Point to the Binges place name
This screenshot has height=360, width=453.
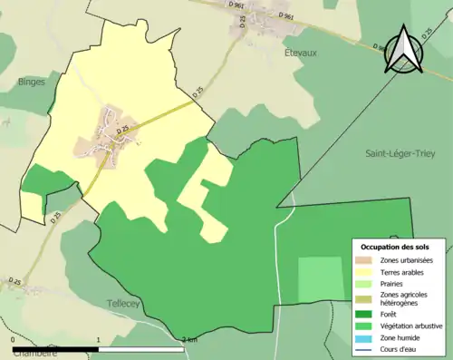tap(31, 82)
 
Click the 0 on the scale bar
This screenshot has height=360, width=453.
tap(13, 340)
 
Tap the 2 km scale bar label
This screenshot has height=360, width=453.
tap(188, 340)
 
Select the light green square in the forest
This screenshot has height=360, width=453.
tap(321, 277)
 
